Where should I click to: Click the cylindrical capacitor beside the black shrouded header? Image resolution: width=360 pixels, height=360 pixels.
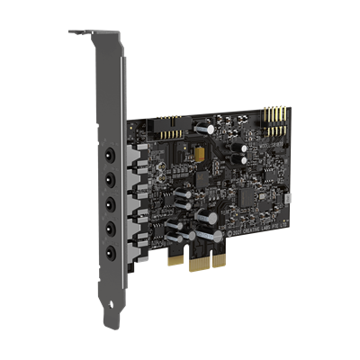click(208, 129)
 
